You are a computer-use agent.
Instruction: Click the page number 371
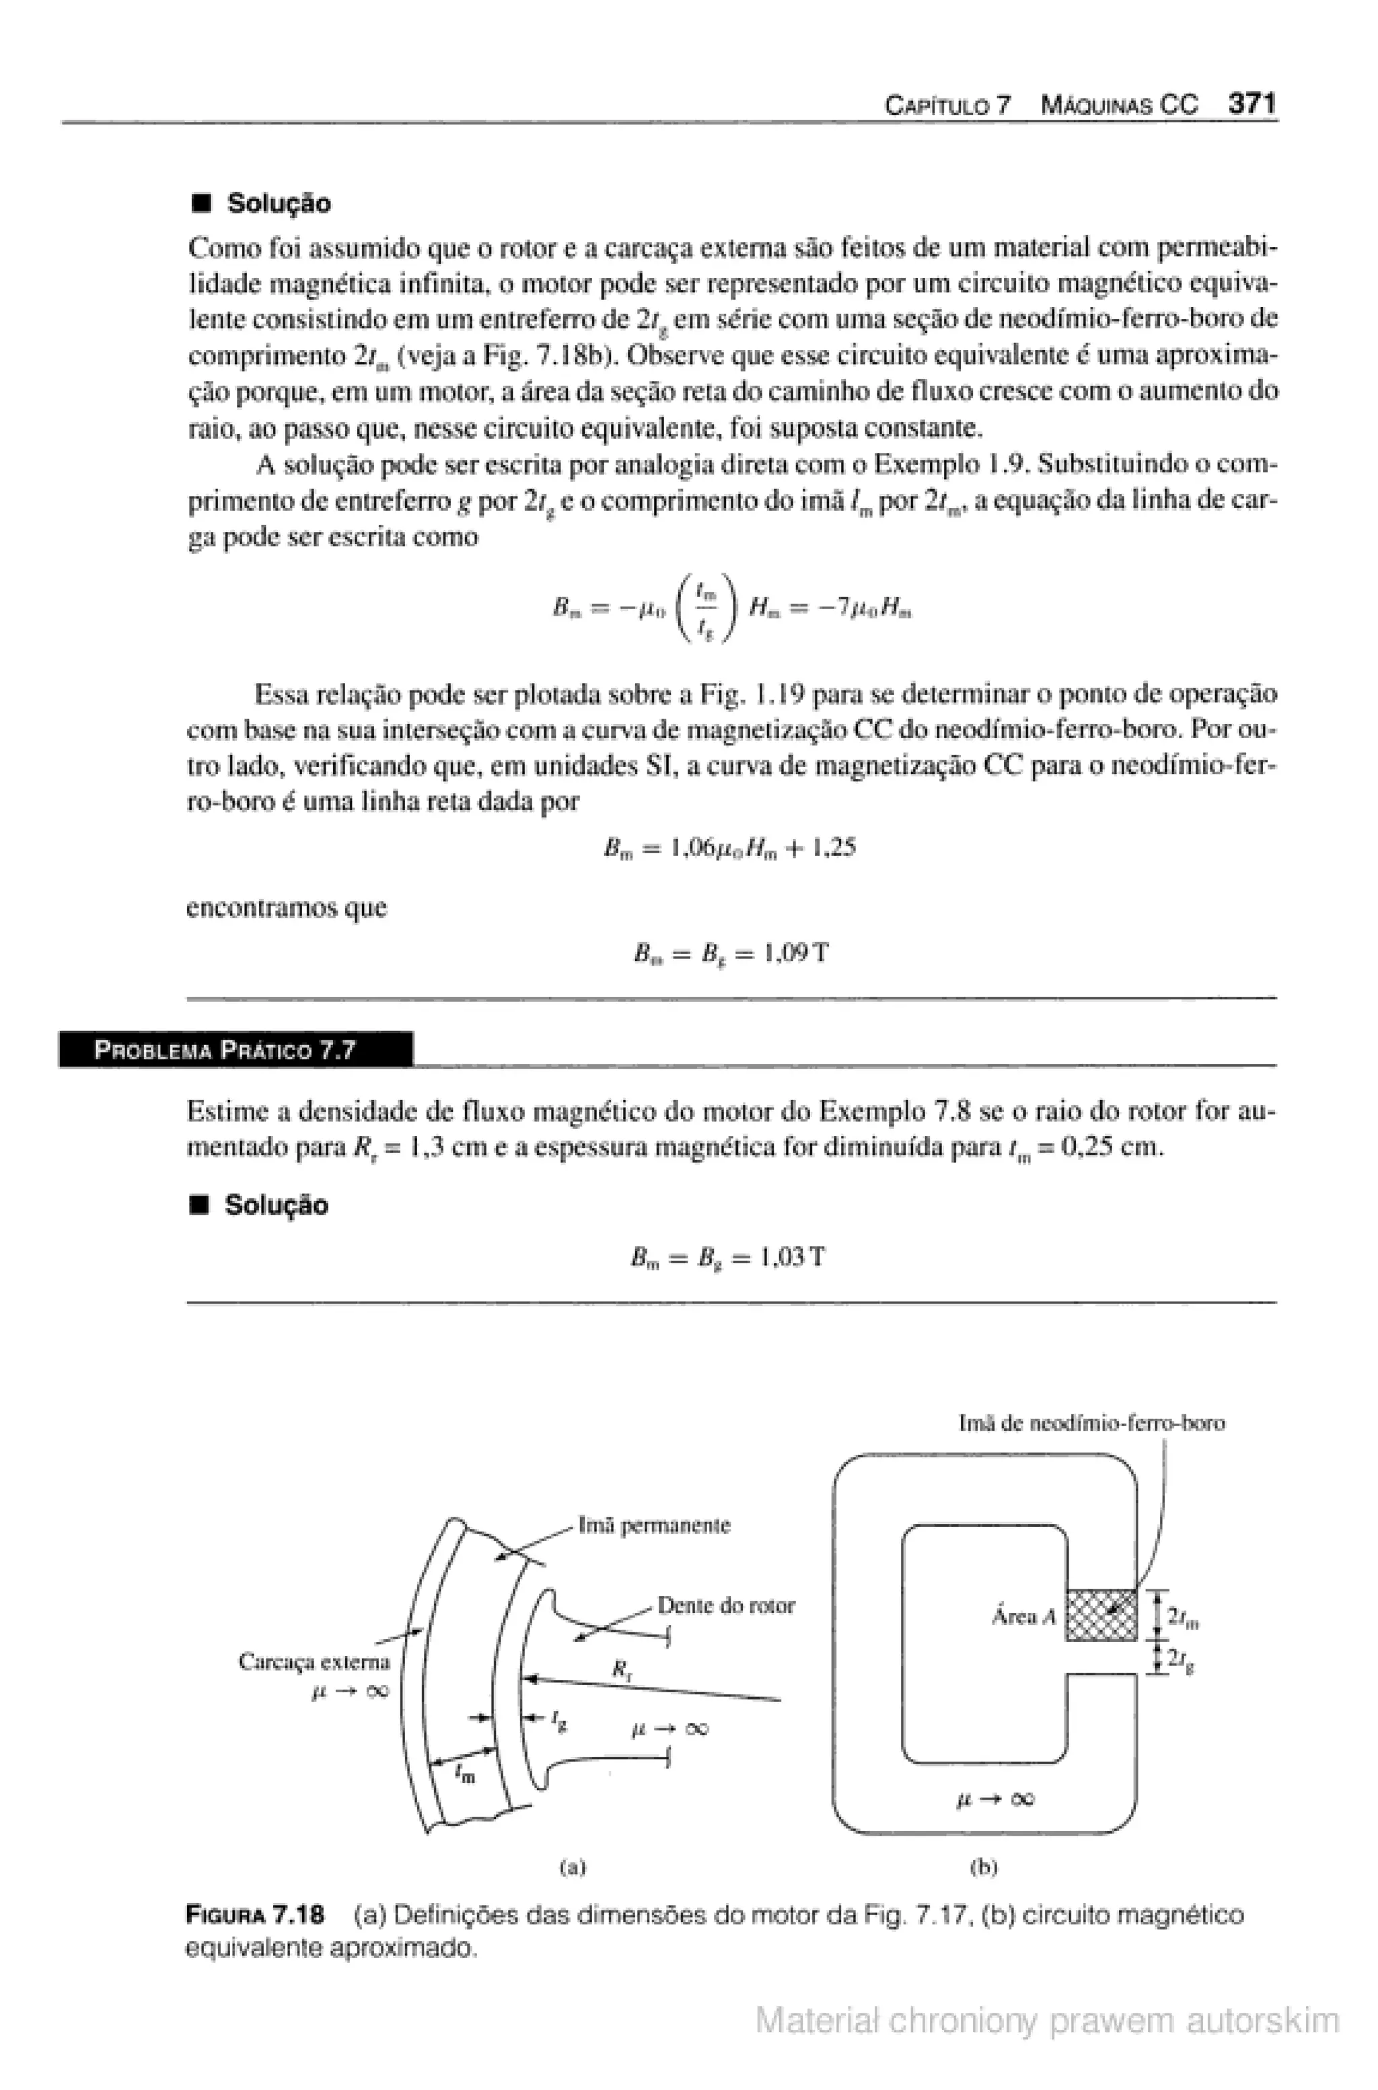pyautogui.click(x=1252, y=104)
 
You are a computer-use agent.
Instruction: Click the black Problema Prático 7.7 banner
pyautogui.click(x=235, y=1050)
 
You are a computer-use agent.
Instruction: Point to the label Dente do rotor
pyautogui.click(x=725, y=1605)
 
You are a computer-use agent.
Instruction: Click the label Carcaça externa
pyautogui.click(x=314, y=1661)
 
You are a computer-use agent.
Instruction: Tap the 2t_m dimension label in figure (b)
pyautogui.click(x=1183, y=1616)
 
